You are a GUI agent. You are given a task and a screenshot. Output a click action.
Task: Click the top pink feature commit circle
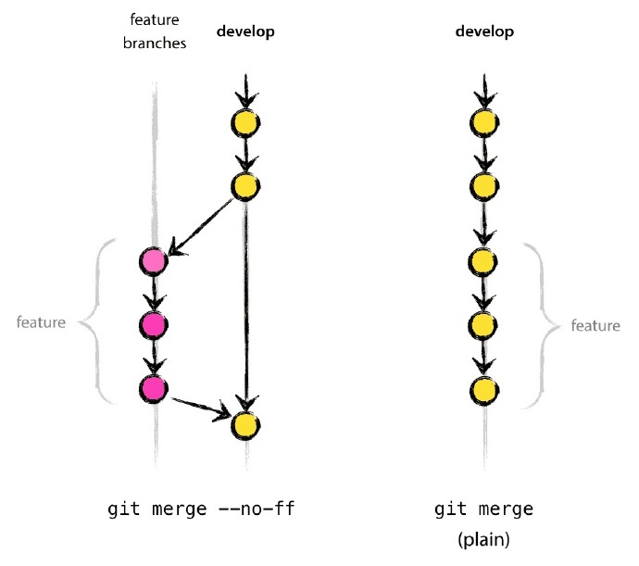tap(153, 262)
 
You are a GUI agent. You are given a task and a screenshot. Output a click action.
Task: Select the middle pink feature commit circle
tap(153, 324)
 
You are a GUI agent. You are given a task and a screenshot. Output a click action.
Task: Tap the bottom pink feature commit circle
tap(153, 388)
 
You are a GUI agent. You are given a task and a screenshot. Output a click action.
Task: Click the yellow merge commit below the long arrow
tap(244, 425)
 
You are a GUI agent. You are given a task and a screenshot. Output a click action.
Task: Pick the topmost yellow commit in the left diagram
tap(244, 123)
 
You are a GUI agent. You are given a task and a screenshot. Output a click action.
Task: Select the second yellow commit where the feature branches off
tap(244, 186)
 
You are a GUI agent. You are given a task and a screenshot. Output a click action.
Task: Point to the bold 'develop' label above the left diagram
tap(245, 32)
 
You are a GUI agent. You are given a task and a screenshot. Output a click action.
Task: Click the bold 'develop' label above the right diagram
tap(484, 32)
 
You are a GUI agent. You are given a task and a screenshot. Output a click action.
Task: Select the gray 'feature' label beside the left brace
tap(43, 323)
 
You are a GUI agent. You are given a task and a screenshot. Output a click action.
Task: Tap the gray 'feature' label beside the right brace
tap(595, 326)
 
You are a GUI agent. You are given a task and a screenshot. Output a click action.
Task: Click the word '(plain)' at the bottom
tap(483, 535)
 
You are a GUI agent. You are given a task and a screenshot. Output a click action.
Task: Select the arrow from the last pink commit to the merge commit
tap(198, 405)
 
